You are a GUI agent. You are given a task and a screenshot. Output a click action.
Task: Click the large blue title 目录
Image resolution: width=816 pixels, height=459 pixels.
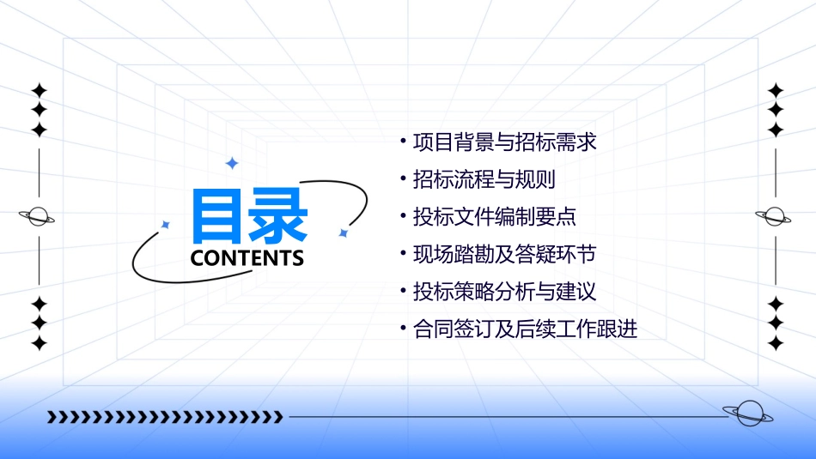click(248, 215)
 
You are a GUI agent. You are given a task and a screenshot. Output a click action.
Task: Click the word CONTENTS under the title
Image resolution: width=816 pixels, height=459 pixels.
click(247, 258)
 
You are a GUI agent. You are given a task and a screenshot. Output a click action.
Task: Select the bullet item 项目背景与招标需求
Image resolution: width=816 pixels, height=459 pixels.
click(504, 142)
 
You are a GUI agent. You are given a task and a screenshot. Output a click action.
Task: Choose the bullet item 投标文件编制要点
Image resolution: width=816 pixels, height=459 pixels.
click(495, 217)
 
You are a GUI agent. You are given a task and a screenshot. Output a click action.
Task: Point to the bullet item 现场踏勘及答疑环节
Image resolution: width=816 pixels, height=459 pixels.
click(504, 255)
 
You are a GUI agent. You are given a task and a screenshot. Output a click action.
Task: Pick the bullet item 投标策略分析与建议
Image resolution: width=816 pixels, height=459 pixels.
click(504, 292)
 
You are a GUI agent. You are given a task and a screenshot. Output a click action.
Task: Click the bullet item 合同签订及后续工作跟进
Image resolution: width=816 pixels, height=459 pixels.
click(525, 329)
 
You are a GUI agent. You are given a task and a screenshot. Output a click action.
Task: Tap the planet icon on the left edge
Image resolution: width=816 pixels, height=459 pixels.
click(38, 217)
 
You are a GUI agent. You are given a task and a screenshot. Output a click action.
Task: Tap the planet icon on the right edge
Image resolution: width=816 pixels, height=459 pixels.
click(774, 217)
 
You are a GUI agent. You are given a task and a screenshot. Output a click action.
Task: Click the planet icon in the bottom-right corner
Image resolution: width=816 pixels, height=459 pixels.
click(747, 414)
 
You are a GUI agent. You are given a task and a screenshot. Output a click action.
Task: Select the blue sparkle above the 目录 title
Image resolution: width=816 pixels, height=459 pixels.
click(231, 163)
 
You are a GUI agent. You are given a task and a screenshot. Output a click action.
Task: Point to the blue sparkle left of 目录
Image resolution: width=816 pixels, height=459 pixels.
click(166, 225)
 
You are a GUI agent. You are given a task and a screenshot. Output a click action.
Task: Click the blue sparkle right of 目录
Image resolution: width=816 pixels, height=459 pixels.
click(343, 233)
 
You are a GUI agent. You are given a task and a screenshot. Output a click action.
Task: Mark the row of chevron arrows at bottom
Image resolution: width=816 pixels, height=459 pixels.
click(165, 418)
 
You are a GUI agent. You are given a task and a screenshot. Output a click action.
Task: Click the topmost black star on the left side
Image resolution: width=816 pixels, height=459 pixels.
click(39, 90)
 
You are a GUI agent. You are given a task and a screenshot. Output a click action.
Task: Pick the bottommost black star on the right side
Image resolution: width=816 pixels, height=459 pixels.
click(776, 344)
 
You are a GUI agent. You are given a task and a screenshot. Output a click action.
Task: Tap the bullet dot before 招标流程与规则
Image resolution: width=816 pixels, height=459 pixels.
click(403, 178)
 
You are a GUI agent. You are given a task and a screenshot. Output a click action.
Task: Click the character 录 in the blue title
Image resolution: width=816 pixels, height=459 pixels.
click(277, 215)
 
